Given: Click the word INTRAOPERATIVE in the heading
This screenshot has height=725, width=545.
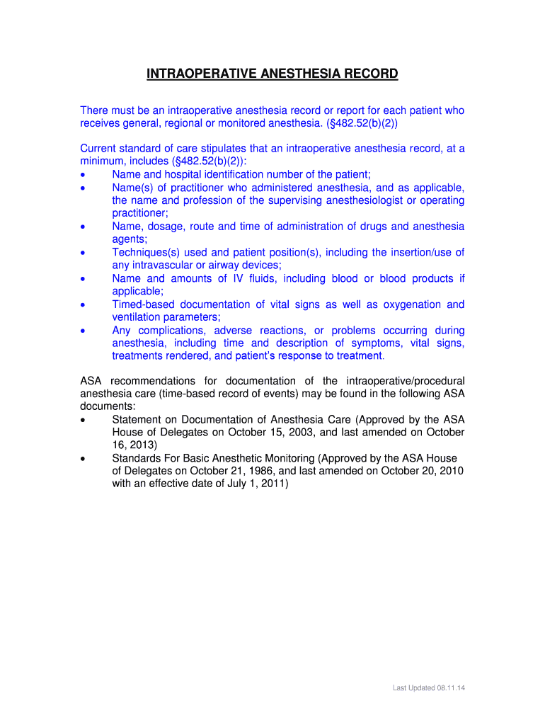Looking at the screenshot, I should click(193, 74).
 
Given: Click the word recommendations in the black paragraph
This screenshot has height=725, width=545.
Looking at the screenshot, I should click(158, 382).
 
